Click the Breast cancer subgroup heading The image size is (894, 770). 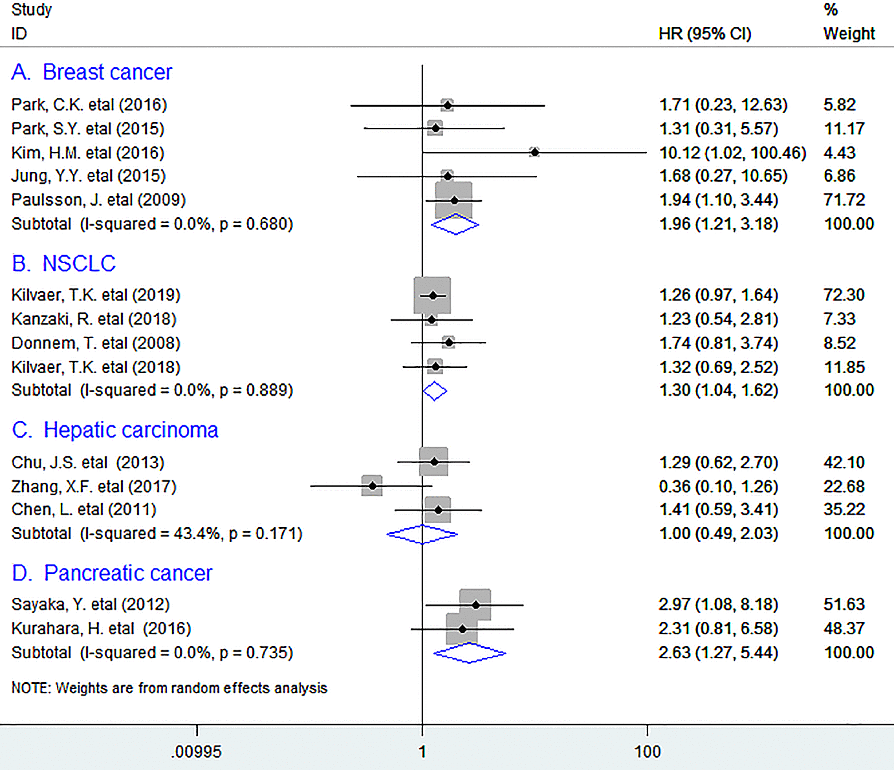point(92,72)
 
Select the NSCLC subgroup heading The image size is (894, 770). point(63,264)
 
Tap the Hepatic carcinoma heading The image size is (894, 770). point(115,430)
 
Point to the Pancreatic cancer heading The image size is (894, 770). point(112,573)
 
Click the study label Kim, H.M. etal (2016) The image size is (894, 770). point(88,153)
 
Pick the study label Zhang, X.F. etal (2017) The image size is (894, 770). point(94,486)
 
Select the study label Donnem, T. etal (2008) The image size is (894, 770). point(96,343)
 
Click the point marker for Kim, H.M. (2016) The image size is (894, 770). point(534,152)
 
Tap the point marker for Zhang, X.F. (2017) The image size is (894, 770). point(372,486)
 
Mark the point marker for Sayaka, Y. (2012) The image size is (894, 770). point(475,604)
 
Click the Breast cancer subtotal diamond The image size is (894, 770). point(455,224)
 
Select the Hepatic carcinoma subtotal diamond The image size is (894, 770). point(422,534)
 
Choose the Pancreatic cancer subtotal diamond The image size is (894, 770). point(470,653)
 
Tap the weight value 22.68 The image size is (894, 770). point(844,486)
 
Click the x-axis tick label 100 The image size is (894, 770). point(648,751)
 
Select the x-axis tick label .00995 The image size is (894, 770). point(197,751)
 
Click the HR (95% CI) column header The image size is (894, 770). point(705,34)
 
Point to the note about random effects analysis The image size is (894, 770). point(169,688)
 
